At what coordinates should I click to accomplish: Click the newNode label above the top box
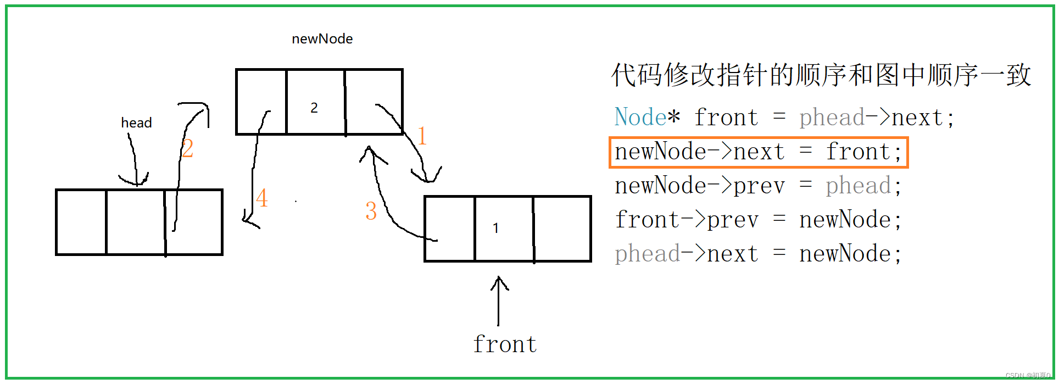coord(322,39)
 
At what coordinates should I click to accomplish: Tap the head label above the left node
coord(136,123)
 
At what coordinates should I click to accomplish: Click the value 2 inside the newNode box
coord(314,108)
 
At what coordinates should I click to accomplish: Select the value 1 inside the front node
coord(495,228)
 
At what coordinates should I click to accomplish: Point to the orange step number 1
coord(422,136)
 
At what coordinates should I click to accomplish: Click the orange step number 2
coord(187,148)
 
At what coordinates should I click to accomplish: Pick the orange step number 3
coord(371,211)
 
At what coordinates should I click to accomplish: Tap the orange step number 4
coord(261,198)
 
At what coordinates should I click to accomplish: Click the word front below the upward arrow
coord(505,344)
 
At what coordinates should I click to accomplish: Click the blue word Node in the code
coord(640,118)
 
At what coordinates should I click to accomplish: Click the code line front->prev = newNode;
coord(758,220)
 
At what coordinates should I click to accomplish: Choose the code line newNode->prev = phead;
coord(758,186)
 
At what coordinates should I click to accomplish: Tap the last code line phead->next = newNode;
coord(758,254)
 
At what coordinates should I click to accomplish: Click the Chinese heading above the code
coord(821,75)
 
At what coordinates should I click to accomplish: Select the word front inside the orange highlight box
coord(858,152)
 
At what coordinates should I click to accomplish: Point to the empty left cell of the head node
coord(81,222)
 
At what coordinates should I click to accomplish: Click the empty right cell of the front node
coord(562,229)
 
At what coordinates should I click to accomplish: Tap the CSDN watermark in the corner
coord(1027,375)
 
